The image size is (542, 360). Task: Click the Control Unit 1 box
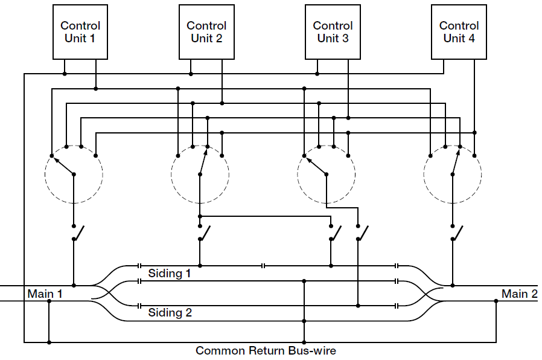click(x=80, y=32)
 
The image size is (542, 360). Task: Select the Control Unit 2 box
click(x=206, y=32)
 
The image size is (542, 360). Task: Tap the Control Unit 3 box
click(x=333, y=32)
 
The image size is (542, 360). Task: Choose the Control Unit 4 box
click(x=459, y=32)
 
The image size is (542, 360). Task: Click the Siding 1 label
click(x=170, y=274)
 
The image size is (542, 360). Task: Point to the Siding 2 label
click(x=170, y=313)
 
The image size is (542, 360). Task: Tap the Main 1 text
click(x=45, y=294)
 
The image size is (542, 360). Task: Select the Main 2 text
click(x=519, y=294)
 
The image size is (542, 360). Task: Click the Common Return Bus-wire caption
click(x=266, y=351)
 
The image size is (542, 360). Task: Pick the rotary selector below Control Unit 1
click(x=74, y=174)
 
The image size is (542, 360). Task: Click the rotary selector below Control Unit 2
click(x=200, y=174)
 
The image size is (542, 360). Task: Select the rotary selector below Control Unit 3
click(x=326, y=174)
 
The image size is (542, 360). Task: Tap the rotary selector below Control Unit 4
click(x=453, y=174)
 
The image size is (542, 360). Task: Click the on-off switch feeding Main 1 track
click(x=77, y=233)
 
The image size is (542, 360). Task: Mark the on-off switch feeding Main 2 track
click(x=456, y=233)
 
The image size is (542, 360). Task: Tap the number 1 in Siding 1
click(x=188, y=274)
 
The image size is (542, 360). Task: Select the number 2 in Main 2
click(x=534, y=294)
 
